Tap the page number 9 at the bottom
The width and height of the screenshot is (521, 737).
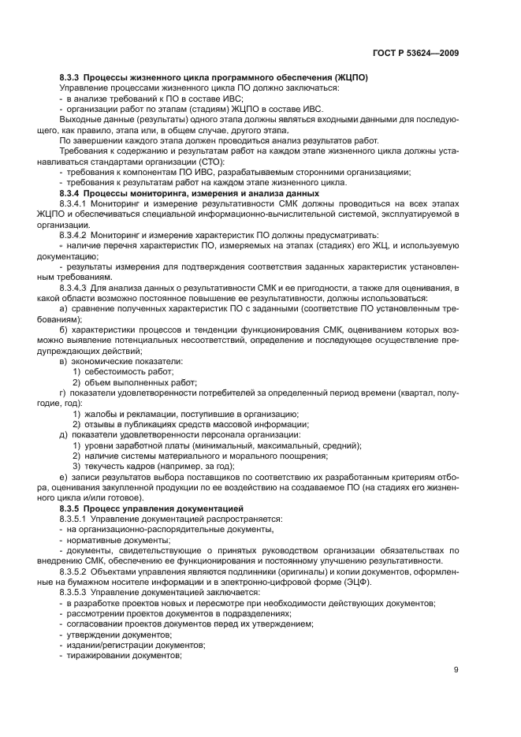click(456, 671)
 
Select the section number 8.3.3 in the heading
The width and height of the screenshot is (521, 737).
click(70, 77)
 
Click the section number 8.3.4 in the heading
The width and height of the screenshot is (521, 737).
click(70, 192)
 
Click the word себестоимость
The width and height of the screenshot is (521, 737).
click(110, 370)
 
